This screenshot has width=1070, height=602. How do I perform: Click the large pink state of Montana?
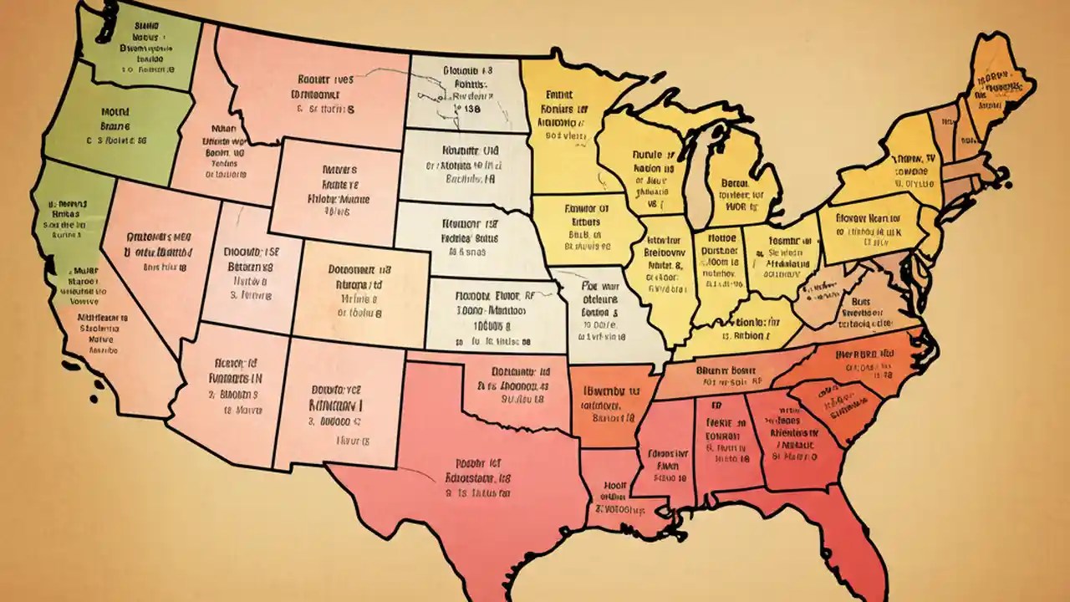(318, 92)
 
